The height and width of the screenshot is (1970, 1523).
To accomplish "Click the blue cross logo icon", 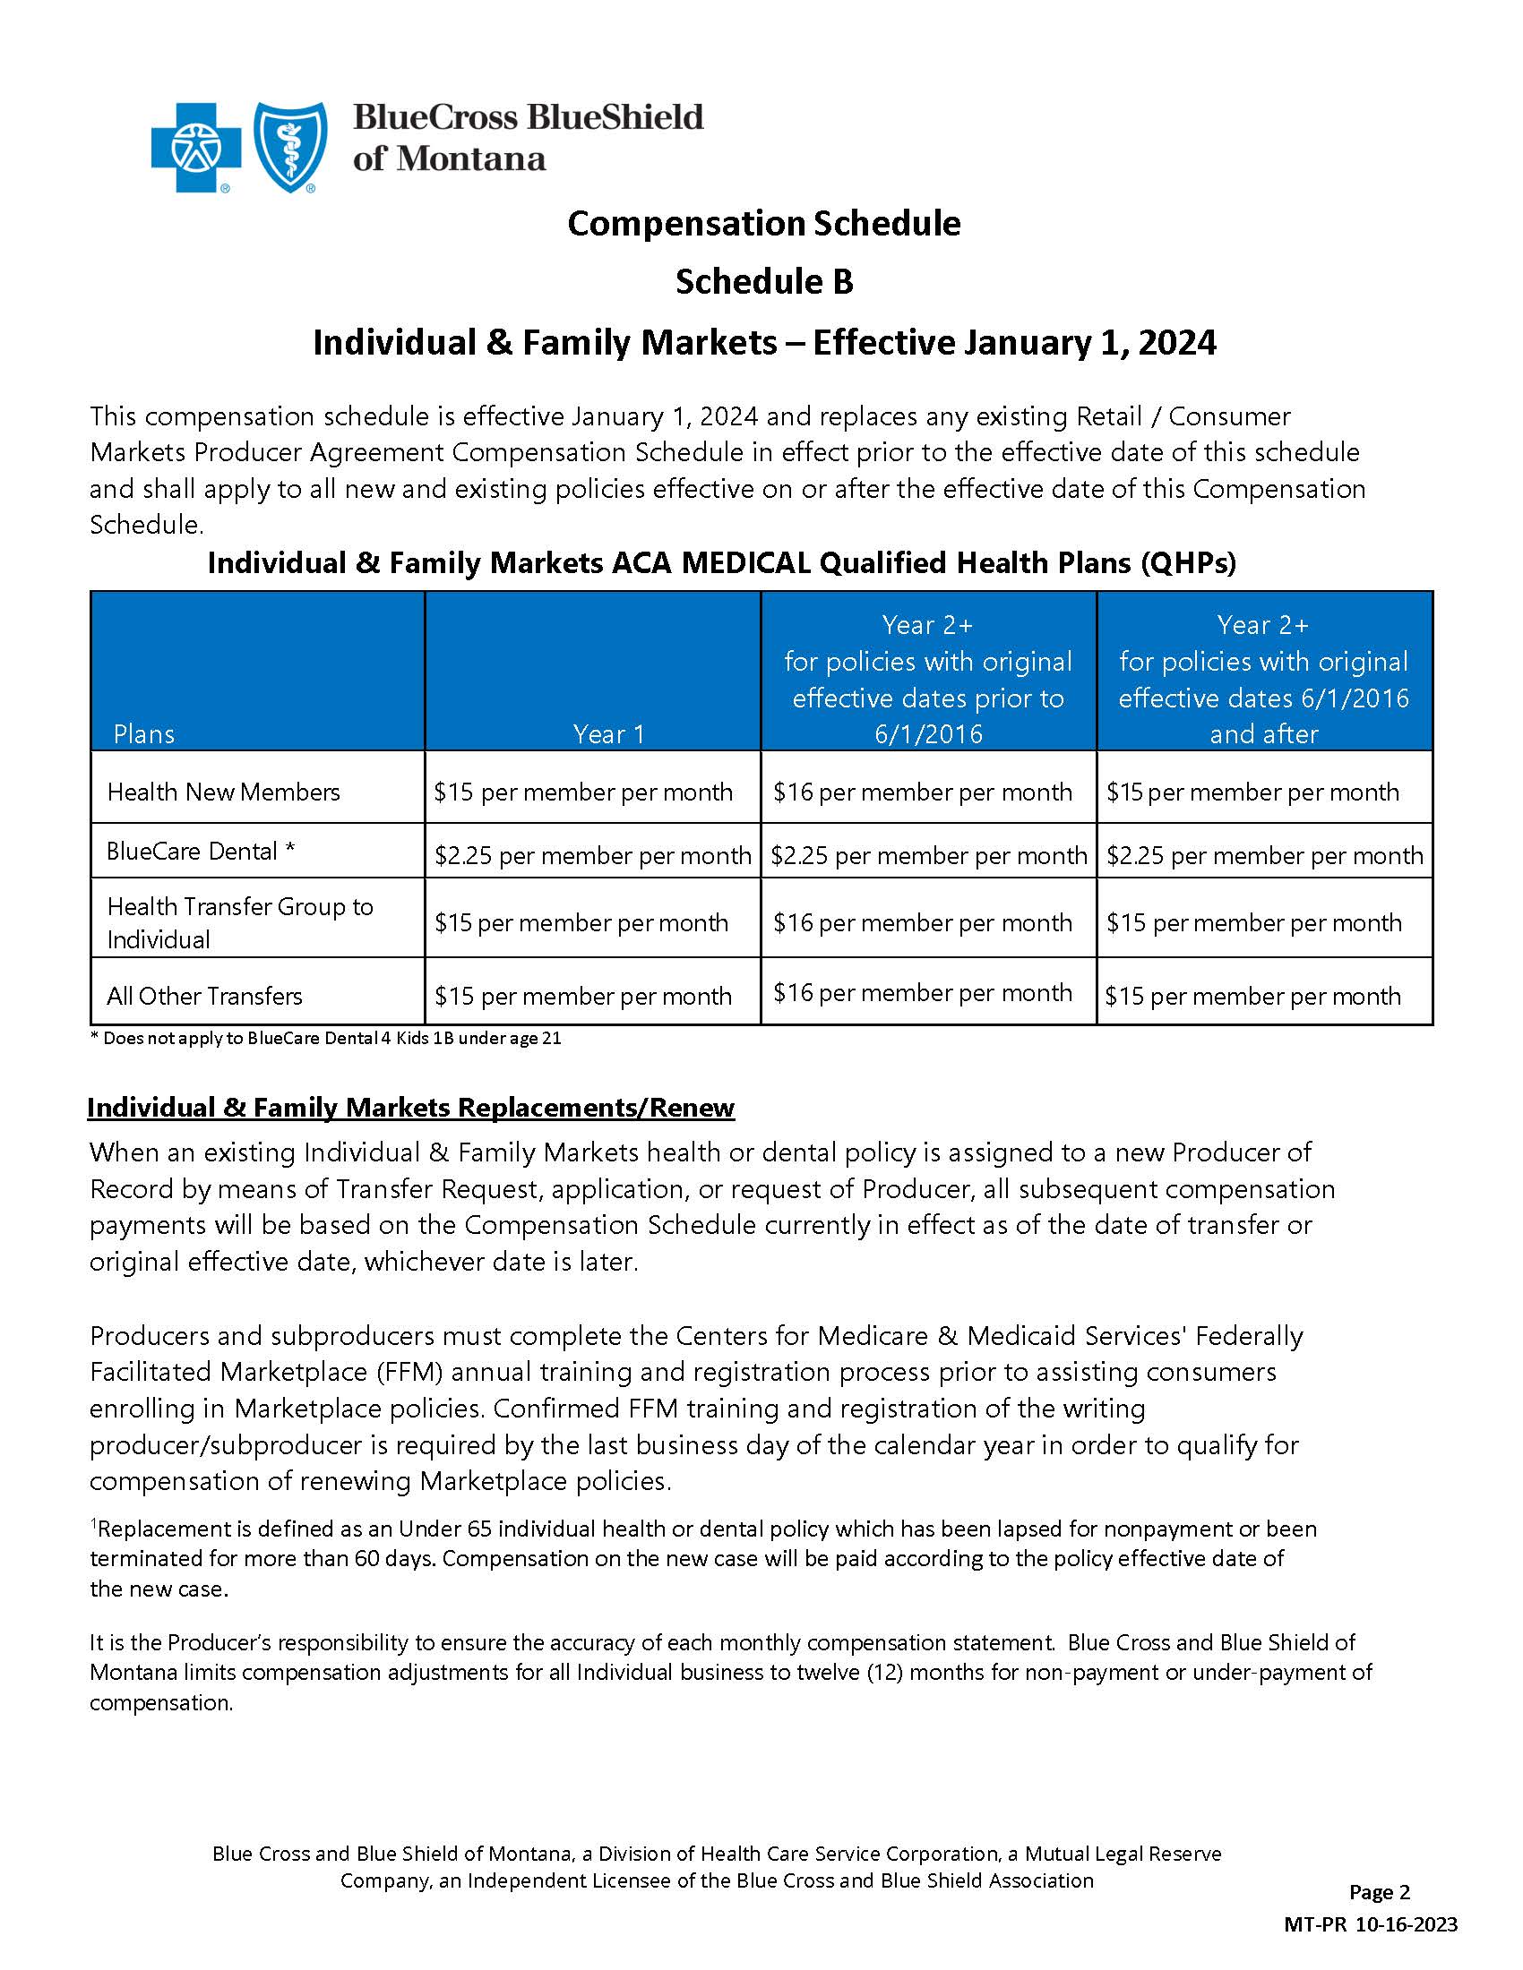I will [x=196, y=147].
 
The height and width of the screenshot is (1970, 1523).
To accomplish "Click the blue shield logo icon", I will [x=290, y=147].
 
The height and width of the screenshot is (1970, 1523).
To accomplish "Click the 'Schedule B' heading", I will [x=763, y=282].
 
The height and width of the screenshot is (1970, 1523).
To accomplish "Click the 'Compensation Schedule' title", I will [x=763, y=223].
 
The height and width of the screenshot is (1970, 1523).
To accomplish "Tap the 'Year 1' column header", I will [x=609, y=734].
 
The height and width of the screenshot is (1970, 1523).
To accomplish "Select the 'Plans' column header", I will [x=144, y=734].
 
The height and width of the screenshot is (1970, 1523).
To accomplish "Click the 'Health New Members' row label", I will [x=223, y=792].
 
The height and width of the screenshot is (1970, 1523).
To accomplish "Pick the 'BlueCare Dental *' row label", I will [x=201, y=852].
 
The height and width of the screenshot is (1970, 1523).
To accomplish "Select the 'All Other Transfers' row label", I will [x=204, y=996].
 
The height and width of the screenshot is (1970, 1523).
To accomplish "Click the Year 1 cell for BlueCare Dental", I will [x=593, y=855].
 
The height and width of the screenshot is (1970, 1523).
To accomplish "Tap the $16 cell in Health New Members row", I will [x=922, y=792].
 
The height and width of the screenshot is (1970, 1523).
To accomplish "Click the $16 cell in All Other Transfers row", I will [x=922, y=992].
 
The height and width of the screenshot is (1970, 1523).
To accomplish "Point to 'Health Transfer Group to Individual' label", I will [x=239, y=921].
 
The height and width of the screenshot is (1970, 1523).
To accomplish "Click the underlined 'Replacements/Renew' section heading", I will [x=410, y=1108].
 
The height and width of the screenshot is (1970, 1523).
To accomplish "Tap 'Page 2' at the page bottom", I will [x=1379, y=1892].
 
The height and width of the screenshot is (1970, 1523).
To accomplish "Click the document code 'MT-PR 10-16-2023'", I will [x=1370, y=1924].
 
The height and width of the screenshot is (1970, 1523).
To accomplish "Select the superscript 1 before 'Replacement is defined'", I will [x=93, y=1523].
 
